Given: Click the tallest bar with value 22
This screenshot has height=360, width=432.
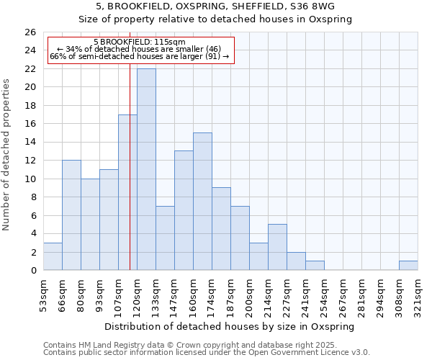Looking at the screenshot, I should pos(146,169).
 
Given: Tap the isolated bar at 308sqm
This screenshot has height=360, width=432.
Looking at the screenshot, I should pos(408,265).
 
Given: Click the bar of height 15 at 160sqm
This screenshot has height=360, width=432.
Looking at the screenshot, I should pos(202,201).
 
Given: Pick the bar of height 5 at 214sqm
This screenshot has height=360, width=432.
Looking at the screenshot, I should pos(277,247).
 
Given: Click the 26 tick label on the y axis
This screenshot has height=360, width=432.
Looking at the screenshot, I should pos(30,32).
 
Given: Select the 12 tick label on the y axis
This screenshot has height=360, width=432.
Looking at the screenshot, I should pos(30,161).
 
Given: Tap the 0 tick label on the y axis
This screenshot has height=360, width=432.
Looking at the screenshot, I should pos(33,271).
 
